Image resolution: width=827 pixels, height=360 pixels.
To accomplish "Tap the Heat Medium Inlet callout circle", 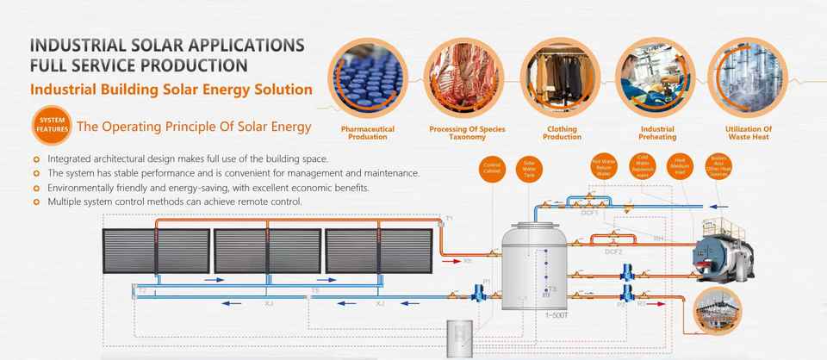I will pos(680,165).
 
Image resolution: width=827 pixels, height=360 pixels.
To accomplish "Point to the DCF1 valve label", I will pos(589,211).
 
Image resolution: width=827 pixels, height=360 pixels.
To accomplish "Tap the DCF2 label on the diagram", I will pos(613,251).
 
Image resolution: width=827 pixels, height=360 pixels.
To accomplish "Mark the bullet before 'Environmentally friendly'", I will pos(35,188).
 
